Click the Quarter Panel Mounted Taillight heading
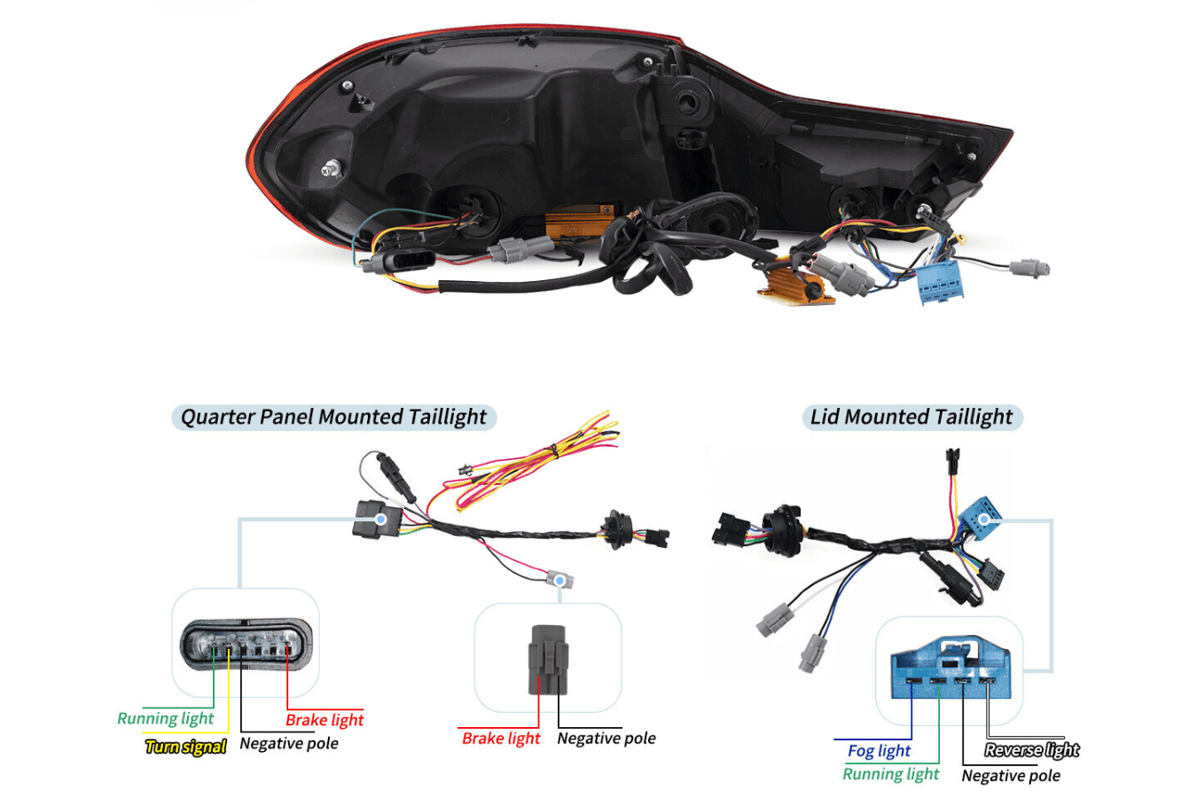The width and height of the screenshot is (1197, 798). (333, 417)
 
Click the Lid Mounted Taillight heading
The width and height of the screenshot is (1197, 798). (911, 417)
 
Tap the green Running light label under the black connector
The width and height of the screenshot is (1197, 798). (166, 718)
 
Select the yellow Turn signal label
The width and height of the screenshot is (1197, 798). (186, 747)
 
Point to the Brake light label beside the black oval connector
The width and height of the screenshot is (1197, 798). (325, 720)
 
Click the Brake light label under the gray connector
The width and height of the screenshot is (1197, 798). (501, 738)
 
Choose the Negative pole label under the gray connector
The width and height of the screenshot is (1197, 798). (606, 738)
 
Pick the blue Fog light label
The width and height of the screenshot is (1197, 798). (879, 751)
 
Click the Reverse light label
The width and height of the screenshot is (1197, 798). (1032, 750)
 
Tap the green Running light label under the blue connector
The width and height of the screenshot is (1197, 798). (890, 774)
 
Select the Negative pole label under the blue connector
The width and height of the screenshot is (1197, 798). (1011, 776)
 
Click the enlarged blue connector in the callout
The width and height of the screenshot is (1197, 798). (950, 669)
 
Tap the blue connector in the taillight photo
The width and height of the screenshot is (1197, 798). (944, 280)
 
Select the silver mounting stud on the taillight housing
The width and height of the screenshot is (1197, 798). (332, 168)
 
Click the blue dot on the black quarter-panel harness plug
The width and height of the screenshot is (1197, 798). (380, 519)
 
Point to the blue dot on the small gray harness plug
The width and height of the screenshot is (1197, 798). (559, 581)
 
